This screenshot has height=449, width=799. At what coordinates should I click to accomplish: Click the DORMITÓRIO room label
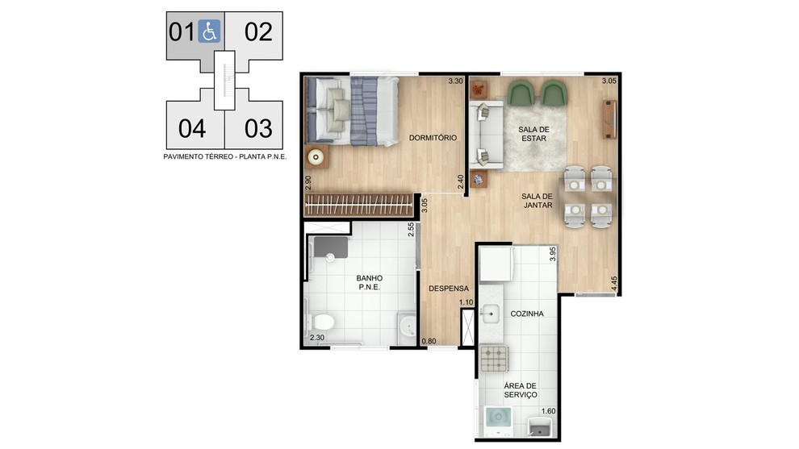(433, 138)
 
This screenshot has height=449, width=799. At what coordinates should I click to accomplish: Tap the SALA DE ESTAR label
(533, 134)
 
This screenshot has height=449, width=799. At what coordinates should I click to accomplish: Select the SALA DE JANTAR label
(537, 201)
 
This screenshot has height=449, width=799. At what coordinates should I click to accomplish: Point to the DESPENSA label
(449, 288)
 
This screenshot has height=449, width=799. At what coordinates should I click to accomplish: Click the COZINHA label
(527, 314)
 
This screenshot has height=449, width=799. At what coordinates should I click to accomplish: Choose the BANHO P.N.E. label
(370, 282)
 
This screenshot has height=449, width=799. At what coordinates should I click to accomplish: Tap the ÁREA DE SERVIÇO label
(521, 390)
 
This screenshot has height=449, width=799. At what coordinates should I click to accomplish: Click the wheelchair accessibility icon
(209, 31)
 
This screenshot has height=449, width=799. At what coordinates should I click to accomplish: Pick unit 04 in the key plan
(192, 128)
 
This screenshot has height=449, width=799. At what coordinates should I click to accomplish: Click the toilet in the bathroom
(321, 322)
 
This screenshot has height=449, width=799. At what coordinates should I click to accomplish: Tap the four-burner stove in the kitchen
(494, 359)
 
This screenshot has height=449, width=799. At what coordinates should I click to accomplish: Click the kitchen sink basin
(490, 313)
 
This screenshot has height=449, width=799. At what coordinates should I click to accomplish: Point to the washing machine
(498, 421)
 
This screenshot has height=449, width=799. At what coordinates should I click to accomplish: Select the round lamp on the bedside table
(316, 157)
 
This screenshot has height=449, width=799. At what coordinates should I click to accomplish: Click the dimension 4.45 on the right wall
(614, 284)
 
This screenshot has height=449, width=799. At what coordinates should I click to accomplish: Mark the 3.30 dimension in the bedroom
(455, 81)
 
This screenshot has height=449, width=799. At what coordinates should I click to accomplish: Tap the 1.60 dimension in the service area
(548, 411)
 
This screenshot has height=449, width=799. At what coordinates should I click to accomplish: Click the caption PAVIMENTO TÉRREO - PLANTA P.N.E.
(224, 157)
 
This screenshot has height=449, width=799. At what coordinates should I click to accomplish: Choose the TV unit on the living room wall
(609, 119)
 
